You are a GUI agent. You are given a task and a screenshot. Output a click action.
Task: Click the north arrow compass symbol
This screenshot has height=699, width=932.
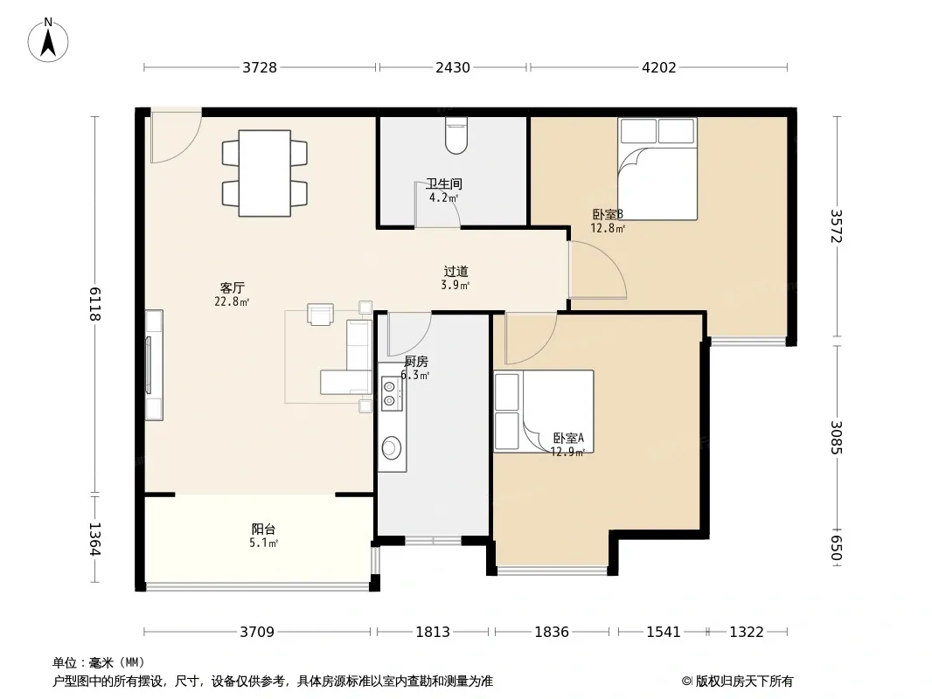[48, 40]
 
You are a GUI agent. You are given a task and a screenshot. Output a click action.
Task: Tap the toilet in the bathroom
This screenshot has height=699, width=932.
[456, 136]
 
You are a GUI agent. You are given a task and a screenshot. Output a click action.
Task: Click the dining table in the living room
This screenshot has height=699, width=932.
[265, 173]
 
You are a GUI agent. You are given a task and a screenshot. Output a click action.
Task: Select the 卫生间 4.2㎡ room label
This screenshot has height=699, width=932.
[444, 190]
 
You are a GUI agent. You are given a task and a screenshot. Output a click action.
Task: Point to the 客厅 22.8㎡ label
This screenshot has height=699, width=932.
[232, 294]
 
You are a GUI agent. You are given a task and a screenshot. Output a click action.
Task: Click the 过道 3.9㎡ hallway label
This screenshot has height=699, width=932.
[456, 278]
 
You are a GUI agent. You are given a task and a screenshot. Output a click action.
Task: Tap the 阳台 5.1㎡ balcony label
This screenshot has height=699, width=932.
[263, 536]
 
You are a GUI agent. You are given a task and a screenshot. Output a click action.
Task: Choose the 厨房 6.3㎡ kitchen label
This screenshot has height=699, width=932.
[415, 368]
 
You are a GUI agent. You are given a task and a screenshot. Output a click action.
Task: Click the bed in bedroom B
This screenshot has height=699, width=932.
[657, 170]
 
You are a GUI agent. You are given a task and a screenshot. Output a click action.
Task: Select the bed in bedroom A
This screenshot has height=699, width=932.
[543, 412]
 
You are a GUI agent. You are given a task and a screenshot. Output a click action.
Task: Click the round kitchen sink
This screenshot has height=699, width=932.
[391, 447]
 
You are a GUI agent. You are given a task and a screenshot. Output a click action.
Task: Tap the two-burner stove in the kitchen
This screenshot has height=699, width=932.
[390, 394]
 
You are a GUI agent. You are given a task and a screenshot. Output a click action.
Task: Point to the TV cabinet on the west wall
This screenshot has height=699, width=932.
[154, 365]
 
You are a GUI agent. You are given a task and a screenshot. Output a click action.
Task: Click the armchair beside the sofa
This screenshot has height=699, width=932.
[320, 314]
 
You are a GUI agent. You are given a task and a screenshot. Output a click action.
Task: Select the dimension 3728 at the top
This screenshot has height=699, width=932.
[259, 67]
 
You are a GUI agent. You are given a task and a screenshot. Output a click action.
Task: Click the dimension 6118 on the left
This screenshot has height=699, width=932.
[95, 303]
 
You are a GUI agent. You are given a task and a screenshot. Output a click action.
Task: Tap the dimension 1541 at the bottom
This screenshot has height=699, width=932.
[664, 632]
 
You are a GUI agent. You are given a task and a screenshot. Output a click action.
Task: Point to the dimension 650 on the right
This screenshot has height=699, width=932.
[836, 548]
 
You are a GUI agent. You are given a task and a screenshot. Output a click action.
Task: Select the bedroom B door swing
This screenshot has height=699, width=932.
[597, 269]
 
